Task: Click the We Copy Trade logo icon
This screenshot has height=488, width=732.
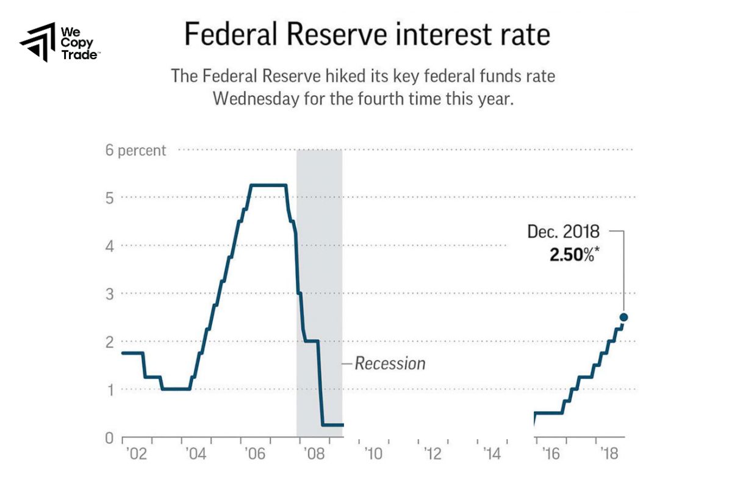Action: coord(38,43)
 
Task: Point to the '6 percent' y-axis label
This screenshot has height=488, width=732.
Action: coord(135,150)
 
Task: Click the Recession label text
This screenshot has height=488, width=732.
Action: coord(390,364)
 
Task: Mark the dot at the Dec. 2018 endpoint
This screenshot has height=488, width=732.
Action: coord(623,317)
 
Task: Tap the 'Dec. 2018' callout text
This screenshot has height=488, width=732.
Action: coord(563,232)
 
